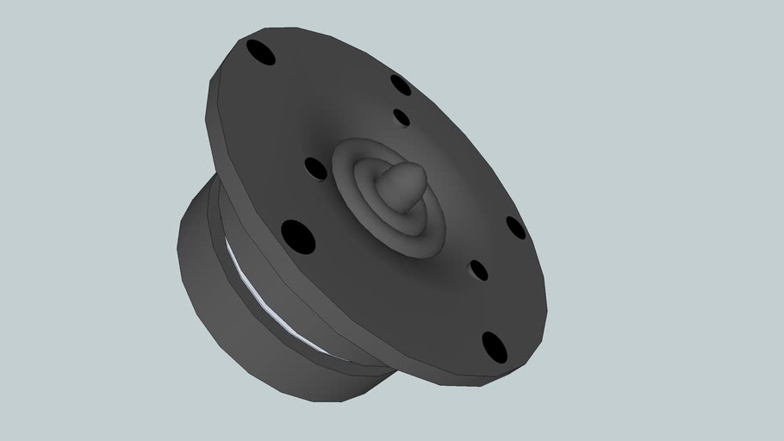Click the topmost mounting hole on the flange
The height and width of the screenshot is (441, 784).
[260, 52]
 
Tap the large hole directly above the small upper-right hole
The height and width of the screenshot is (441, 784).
[401, 84]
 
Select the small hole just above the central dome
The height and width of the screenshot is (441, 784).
[401, 117]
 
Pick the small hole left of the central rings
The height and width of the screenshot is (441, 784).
[316, 168]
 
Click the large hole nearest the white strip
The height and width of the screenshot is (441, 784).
[297, 236]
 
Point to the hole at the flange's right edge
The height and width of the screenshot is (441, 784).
[515, 227]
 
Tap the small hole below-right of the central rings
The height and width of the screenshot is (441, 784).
[478, 270]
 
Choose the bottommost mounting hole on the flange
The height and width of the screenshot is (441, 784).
[494, 346]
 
